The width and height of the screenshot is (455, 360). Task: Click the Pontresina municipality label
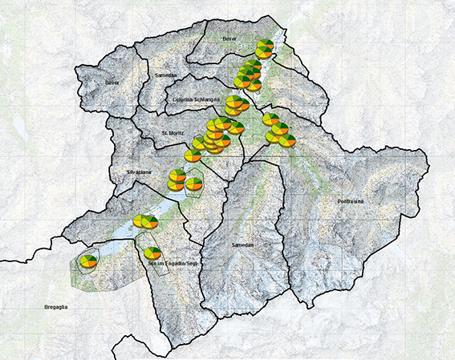351,200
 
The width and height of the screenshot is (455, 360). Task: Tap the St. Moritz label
174,133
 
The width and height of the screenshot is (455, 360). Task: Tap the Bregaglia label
62,307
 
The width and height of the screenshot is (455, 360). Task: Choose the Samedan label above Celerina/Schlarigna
163,73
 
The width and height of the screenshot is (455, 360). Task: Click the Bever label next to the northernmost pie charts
231,38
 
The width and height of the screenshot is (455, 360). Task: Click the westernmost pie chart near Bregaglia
87,261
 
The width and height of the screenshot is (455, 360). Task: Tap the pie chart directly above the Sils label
152,253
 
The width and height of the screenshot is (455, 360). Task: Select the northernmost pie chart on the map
266,47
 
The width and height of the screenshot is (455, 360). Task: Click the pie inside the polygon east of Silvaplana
194,184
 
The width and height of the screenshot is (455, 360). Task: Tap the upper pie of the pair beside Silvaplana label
177,175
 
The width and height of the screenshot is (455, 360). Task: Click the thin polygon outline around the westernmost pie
75,269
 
